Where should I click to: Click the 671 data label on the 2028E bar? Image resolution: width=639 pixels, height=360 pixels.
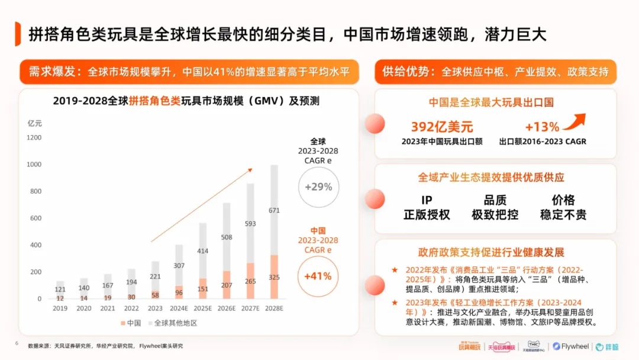274,210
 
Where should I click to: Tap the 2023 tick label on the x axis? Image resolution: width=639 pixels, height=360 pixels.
156,308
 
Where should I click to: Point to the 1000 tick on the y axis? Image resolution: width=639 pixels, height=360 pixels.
34,164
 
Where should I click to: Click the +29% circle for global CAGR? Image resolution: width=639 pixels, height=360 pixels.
318,187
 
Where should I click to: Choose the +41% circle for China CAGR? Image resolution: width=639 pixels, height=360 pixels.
318,276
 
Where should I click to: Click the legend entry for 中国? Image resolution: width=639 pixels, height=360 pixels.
131,323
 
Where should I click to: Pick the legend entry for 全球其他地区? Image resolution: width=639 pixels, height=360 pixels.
172,323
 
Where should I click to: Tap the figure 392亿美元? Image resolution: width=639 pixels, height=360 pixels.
442,126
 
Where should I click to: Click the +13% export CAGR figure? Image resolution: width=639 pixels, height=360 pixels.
541,127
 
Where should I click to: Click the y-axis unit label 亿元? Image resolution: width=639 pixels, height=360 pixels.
35,123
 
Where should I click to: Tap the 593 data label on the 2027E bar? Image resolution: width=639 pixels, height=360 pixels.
250,224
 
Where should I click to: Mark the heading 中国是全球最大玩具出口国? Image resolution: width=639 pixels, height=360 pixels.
495,102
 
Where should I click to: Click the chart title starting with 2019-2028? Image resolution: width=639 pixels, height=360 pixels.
186,101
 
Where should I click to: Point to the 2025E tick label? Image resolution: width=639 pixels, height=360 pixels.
203,308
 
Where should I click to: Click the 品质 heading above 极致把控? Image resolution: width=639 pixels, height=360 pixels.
495,200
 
